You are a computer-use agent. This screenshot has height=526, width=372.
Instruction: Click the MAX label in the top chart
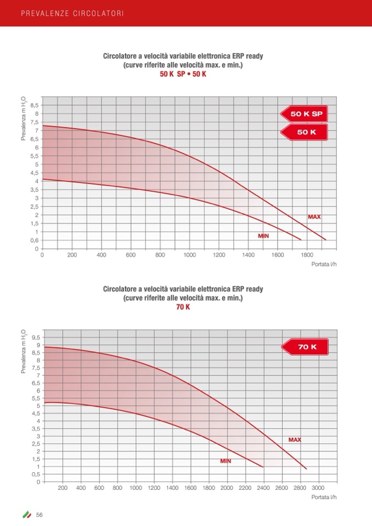314,217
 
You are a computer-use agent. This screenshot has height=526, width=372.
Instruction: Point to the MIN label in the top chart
263,236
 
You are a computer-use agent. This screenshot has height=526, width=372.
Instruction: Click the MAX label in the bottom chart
295,440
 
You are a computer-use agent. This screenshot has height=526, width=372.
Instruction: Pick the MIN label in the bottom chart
226,461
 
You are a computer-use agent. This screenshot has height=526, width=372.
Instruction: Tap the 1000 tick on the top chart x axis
189,255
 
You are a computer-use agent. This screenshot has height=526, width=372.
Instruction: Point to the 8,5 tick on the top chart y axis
35,105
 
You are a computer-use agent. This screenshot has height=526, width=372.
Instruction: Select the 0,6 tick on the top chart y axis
35,240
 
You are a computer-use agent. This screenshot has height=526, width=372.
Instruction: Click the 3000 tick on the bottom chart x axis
318,488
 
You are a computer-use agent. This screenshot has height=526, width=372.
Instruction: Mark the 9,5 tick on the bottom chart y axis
36,337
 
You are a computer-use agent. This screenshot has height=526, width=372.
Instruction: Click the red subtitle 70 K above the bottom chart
183,307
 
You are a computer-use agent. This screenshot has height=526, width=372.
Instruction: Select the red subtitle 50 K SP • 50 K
183,74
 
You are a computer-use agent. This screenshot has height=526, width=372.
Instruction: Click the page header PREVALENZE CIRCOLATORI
72,13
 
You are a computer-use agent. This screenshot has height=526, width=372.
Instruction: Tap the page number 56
40,514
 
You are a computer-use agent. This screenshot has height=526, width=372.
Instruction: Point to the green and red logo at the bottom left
26,514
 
